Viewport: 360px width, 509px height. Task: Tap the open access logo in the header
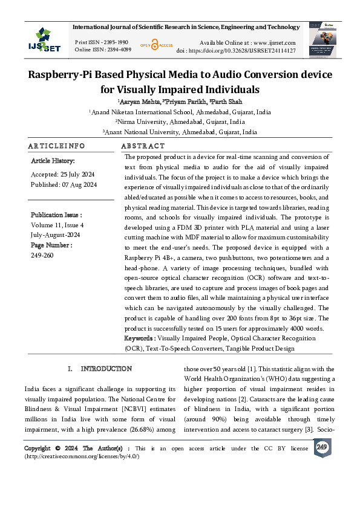[x=156, y=45]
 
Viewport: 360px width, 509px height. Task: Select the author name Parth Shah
[x=226, y=102]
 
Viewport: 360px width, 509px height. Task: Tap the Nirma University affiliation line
[x=180, y=122]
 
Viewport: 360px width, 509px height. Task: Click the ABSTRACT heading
[x=143, y=146]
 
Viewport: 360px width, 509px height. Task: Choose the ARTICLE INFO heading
[x=56, y=146]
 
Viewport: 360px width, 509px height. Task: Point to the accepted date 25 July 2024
[x=73, y=173]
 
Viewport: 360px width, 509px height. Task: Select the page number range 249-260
[x=42, y=255]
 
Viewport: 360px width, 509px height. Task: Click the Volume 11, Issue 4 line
[x=57, y=224]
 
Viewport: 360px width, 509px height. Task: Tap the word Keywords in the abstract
[x=139, y=338]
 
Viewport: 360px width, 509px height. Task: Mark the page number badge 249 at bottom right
[x=321, y=446]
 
